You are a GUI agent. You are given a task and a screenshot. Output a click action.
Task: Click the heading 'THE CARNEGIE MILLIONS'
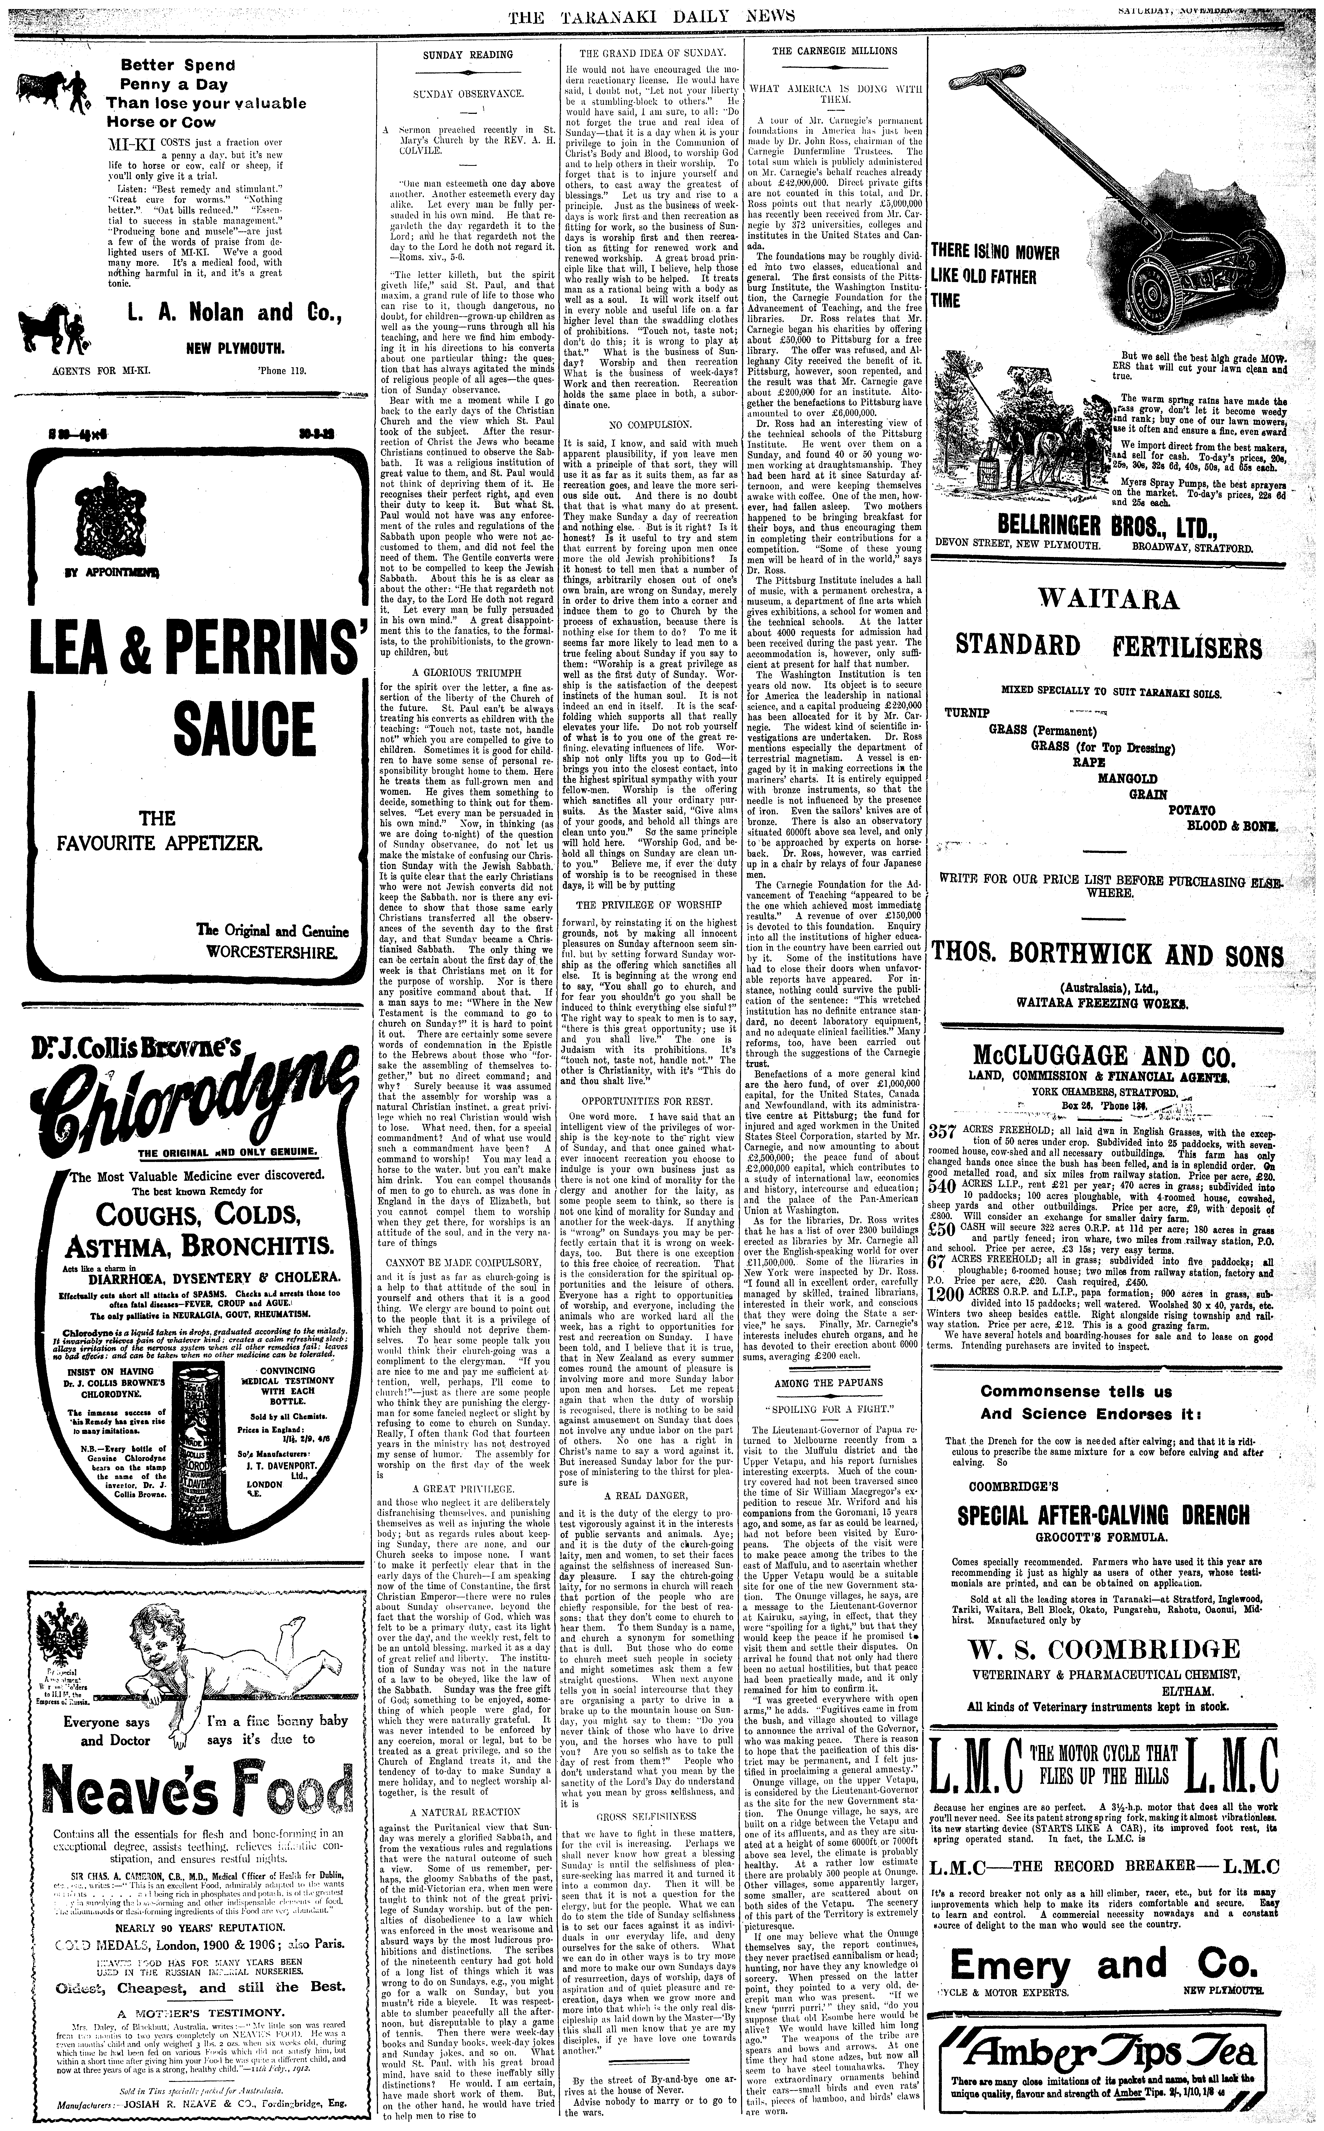834,51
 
